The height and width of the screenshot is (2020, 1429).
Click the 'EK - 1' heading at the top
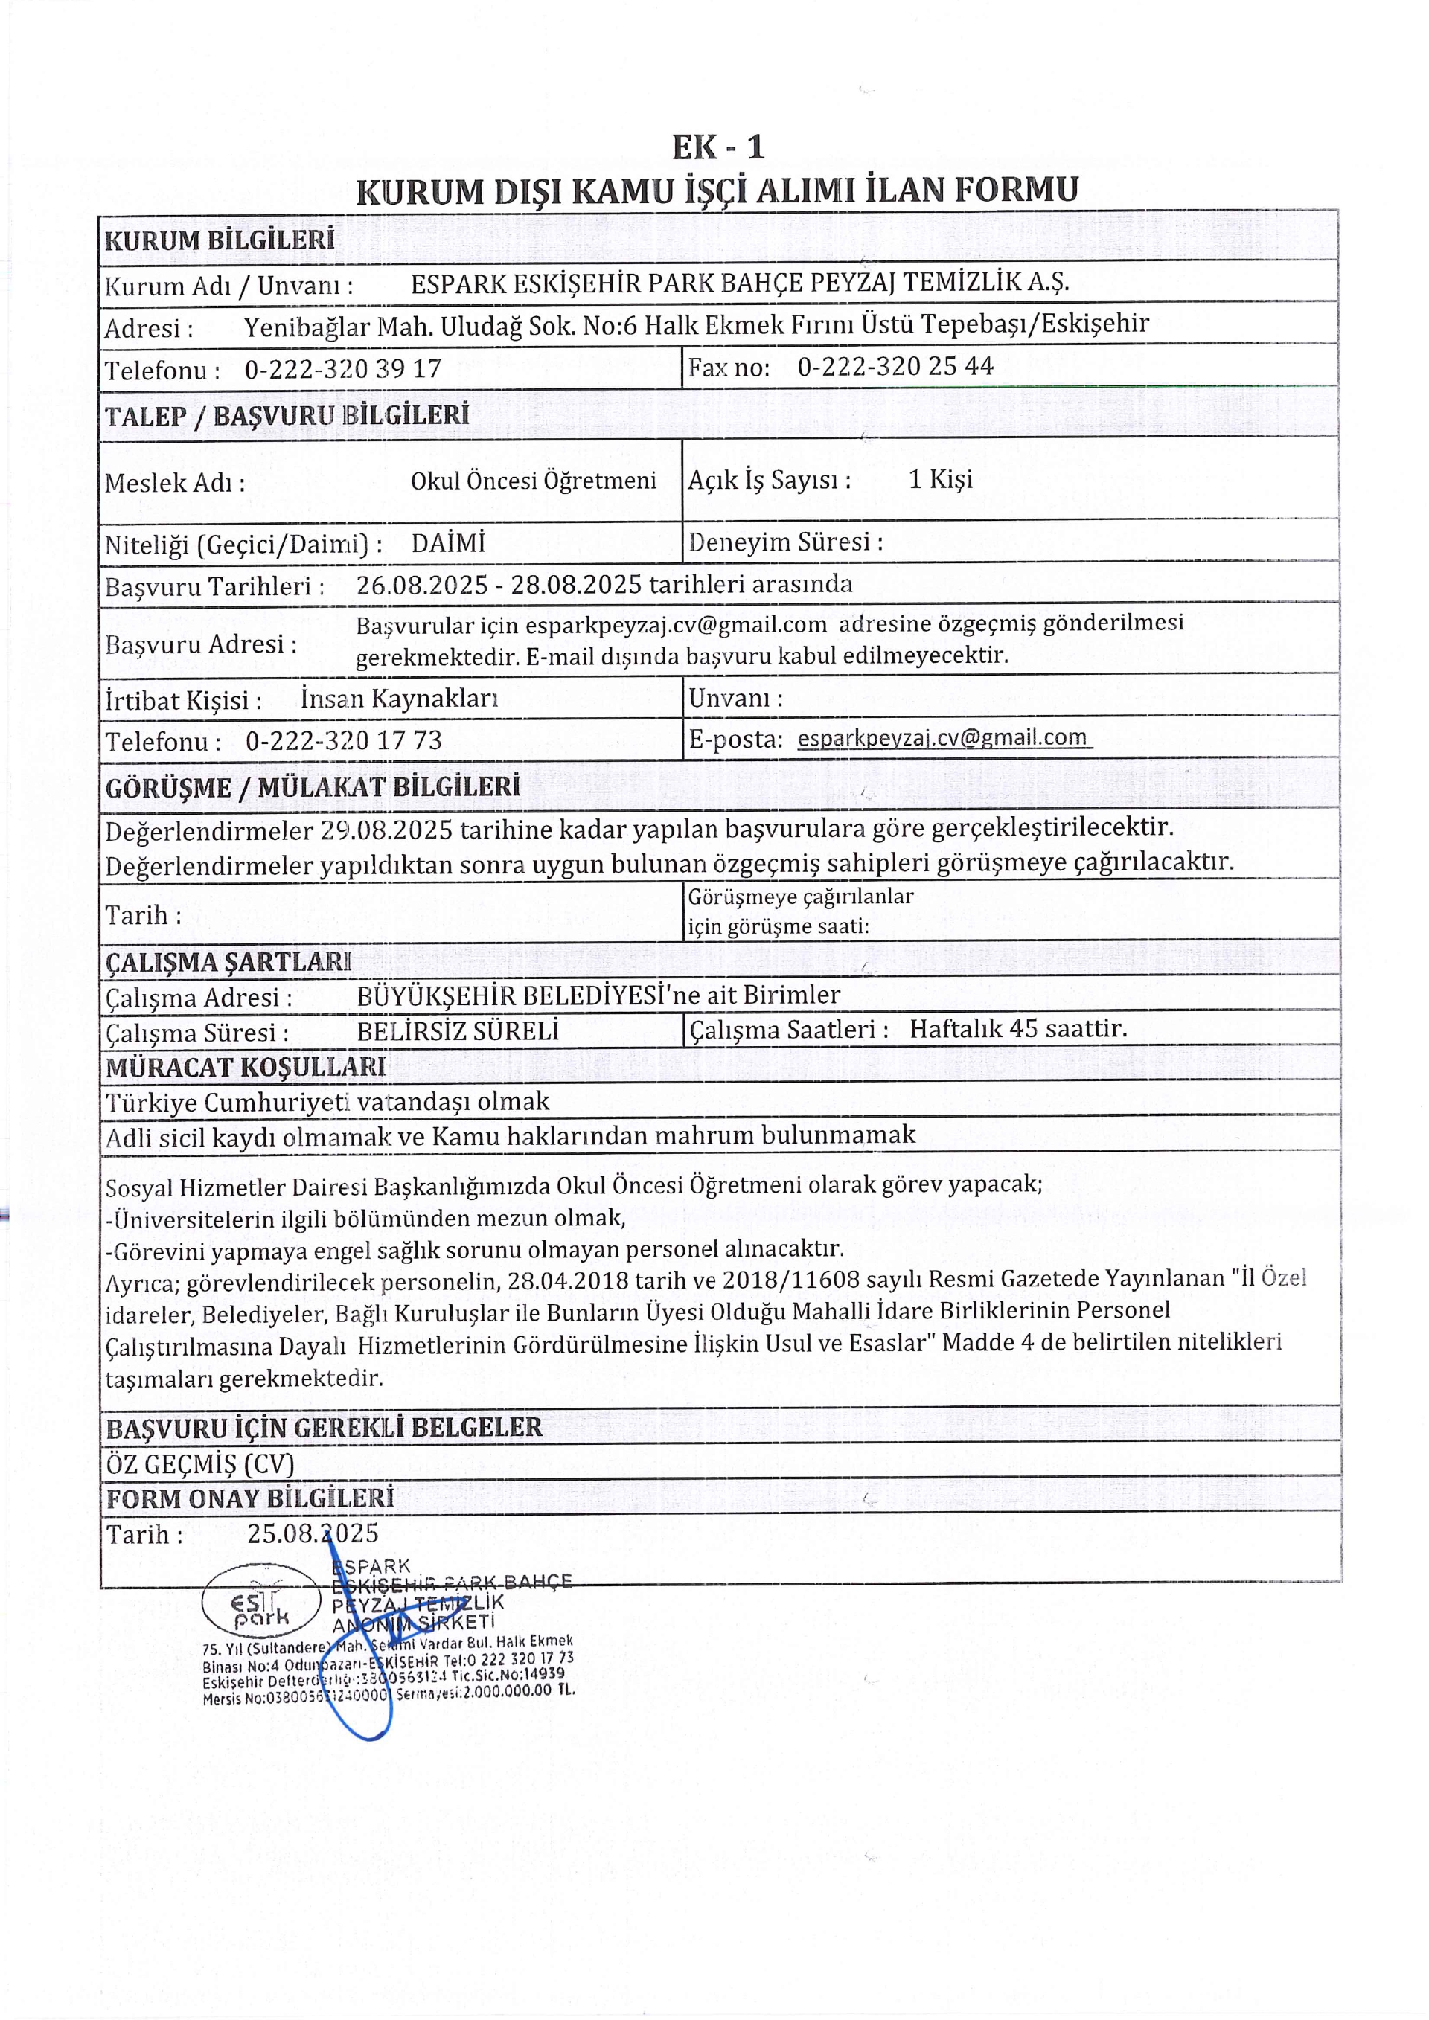718,147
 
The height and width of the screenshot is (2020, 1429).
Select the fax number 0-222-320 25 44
895,367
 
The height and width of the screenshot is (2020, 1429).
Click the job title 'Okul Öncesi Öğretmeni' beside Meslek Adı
533,481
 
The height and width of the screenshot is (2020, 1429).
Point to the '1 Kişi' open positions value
941,479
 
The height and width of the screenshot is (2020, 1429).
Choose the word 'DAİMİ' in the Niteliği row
448,543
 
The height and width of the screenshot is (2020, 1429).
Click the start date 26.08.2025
421,585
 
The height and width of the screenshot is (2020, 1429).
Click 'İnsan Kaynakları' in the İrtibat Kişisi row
400,699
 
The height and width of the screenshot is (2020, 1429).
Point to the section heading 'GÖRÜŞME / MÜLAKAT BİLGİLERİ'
313,787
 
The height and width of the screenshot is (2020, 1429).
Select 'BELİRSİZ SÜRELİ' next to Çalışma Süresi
458,1030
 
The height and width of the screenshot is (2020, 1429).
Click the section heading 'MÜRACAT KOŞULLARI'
246,1067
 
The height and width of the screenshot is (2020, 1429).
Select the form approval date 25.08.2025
313,1533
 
